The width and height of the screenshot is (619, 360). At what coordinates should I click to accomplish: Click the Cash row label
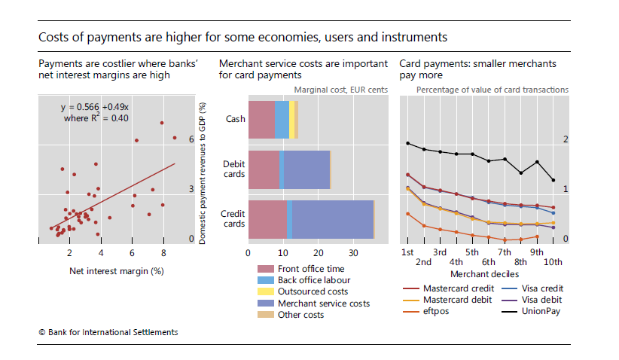tap(235, 119)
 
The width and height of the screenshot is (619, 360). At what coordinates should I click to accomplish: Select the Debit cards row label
tap(233, 169)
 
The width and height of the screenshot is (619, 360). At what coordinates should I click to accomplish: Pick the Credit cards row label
tap(233, 219)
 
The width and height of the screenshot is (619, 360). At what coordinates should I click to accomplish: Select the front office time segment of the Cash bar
tap(261, 119)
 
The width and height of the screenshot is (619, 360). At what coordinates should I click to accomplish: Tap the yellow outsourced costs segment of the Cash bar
tap(291, 119)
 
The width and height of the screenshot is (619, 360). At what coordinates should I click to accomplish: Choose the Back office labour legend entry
tap(313, 280)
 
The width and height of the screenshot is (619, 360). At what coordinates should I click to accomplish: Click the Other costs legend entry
tap(300, 314)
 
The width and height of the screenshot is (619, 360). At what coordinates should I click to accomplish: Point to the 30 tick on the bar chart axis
tap(354, 253)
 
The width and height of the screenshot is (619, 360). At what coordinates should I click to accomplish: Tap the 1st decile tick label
tap(407, 252)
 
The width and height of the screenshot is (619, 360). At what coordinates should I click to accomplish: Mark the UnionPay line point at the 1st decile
tap(407, 143)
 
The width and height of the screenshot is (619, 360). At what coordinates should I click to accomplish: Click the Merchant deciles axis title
tap(480, 273)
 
